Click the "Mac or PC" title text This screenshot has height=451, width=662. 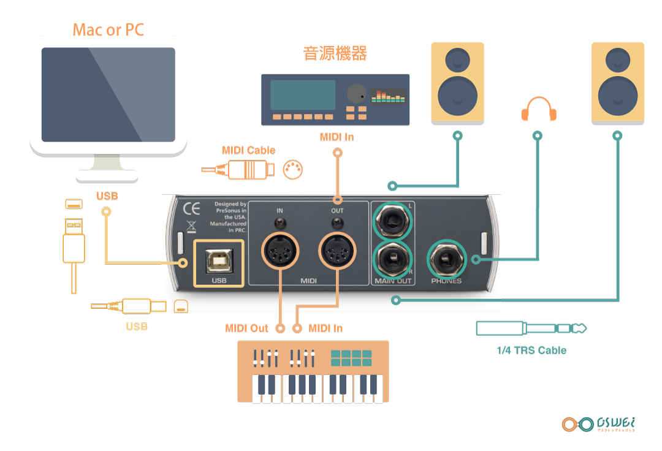[108, 29]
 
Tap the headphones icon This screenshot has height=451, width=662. [538, 109]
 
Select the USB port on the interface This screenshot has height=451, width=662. [219, 263]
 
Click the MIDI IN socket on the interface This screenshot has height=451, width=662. [280, 252]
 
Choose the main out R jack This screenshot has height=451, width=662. [392, 260]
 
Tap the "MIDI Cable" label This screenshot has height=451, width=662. [248, 150]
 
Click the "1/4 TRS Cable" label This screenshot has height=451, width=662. [531, 351]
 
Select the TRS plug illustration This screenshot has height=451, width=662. [531, 328]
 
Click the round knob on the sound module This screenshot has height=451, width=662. [356, 94]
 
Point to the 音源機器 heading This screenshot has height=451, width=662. [335, 53]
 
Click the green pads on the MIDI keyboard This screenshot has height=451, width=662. [351, 358]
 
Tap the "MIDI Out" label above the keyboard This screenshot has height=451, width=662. [246, 328]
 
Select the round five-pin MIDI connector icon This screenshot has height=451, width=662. [294, 170]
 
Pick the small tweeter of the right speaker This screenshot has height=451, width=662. [617, 60]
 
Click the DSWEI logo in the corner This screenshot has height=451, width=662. [599, 424]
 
